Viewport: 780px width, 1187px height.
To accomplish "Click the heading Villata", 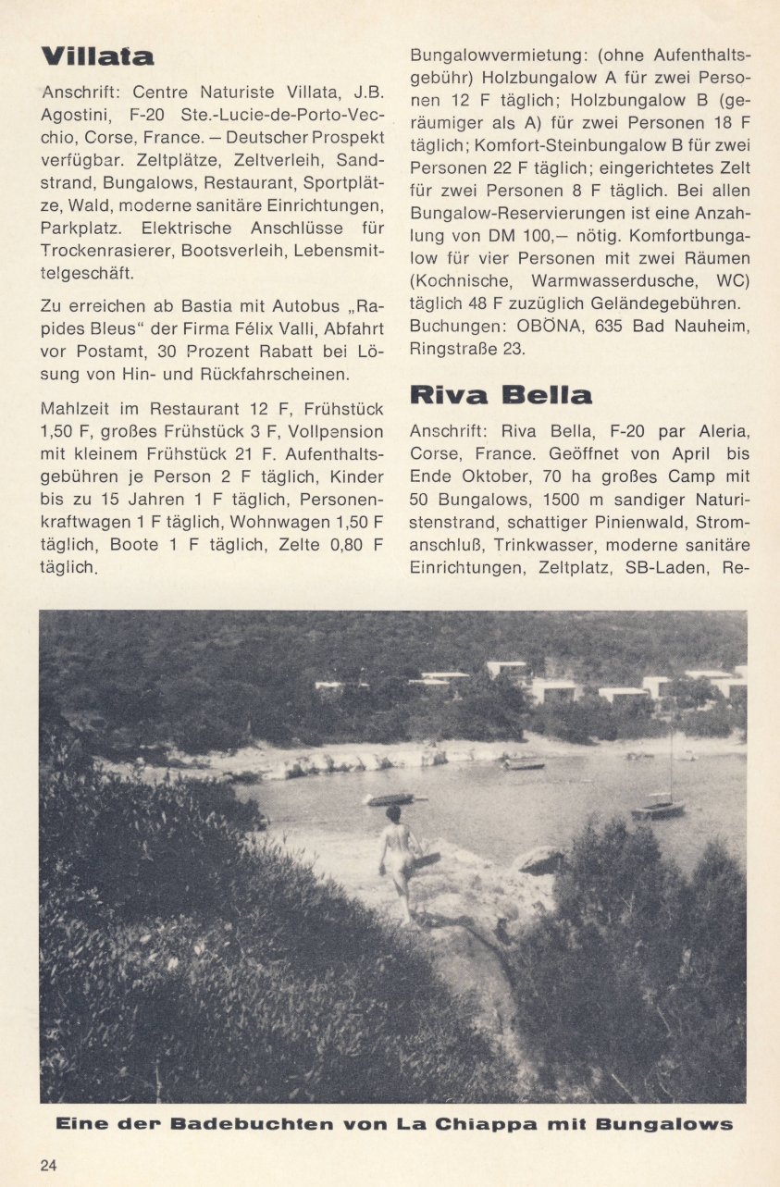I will coord(97,56).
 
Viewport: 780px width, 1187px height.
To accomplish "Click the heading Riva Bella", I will coord(501,395).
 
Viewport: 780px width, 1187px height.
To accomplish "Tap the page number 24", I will coord(48,1165).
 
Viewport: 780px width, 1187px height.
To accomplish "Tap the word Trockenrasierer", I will coord(105,251).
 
